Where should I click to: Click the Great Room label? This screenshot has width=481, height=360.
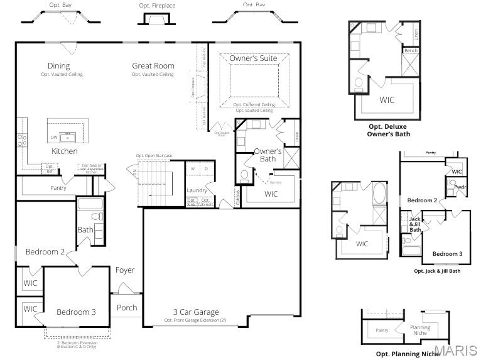coord(153,65)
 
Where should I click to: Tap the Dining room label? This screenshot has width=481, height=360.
coord(58,65)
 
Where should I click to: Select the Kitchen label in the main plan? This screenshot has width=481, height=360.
coord(64,151)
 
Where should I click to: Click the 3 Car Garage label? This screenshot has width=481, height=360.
coord(196,312)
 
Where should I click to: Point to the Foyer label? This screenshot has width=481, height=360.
coord(125,270)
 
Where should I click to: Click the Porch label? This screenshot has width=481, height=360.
coord(127,308)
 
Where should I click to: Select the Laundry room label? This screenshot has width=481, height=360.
coord(197,190)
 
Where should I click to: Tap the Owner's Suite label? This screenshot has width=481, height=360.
coord(253,58)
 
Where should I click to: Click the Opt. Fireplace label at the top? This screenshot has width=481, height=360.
coord(158,6)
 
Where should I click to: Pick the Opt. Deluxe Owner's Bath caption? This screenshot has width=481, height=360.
coord(388,130)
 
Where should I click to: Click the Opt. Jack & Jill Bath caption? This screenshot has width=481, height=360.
coord(437,271)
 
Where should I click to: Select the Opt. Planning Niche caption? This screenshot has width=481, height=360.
coord(408,354)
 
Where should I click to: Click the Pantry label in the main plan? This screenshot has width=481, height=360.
coord(58,188)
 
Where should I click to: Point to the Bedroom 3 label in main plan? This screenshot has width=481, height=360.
coord(76,312)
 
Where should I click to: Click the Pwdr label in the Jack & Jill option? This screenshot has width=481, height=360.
coord(460,187)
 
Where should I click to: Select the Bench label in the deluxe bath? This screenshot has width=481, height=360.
coord(411,50)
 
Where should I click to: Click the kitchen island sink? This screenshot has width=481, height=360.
coord(68,136)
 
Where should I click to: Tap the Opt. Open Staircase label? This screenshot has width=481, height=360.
coord(154,156)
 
